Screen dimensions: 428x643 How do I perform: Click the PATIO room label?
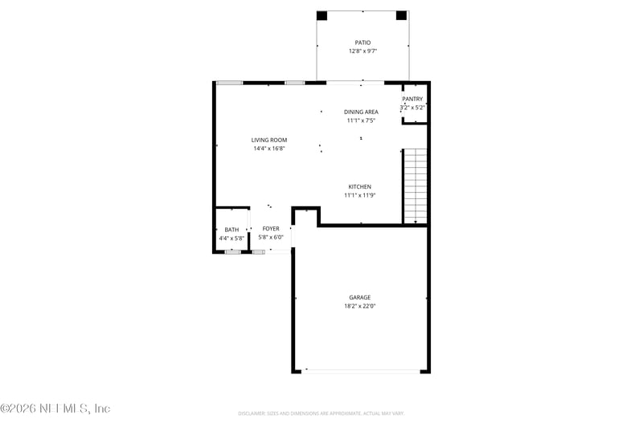[362, 43]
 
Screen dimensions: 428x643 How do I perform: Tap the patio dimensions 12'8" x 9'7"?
[362, 51]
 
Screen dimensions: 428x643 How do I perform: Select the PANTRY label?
[412, 99]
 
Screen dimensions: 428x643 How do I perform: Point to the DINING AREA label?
[361, 112]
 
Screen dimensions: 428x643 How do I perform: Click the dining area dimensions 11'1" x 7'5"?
[361, 120]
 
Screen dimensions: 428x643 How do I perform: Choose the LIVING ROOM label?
[268, 140]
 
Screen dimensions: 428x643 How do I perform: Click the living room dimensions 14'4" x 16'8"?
[268, 148]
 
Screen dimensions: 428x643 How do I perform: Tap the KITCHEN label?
[359, 186]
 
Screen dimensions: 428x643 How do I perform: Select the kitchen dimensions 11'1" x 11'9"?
[359, 195]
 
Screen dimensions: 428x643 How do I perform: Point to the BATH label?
[231, 230]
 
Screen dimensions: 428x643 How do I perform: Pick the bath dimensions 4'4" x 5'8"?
[231, 238]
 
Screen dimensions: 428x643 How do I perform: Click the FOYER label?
[271, 229]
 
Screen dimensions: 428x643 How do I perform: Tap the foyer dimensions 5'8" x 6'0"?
[271, 238]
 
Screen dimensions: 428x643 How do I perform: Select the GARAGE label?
[359, 297]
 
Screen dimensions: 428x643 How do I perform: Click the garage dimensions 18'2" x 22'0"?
[359, 306]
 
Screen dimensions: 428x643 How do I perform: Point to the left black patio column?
[321, 15]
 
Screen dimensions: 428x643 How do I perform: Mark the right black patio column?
[401, 15]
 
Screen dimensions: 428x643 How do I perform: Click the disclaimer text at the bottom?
[321, 413]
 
